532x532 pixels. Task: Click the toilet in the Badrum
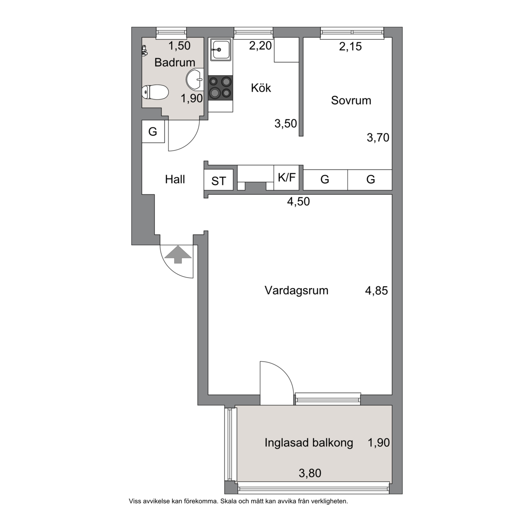(155, 92)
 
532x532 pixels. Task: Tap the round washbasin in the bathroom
(195, 80)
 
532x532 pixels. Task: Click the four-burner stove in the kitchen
(220, 88)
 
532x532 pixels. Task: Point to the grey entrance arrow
(178, 255)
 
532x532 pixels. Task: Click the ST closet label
(218, 181)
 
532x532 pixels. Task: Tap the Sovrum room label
(351, 100)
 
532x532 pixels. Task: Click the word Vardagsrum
(296, 291)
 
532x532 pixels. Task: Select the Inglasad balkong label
(309, 443)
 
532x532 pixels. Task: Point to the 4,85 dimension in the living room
(376, 291)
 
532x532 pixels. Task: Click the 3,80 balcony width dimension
(310, 473)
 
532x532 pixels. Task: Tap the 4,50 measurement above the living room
(299, 201)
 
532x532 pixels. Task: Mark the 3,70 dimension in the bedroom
(378, 138)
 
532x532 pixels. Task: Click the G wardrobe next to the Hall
(153, 132)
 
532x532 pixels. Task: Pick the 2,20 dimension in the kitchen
(260, 45)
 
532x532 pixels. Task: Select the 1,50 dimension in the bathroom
(180, 45)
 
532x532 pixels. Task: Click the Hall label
(175, 179)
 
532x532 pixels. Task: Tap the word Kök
(261, 88)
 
